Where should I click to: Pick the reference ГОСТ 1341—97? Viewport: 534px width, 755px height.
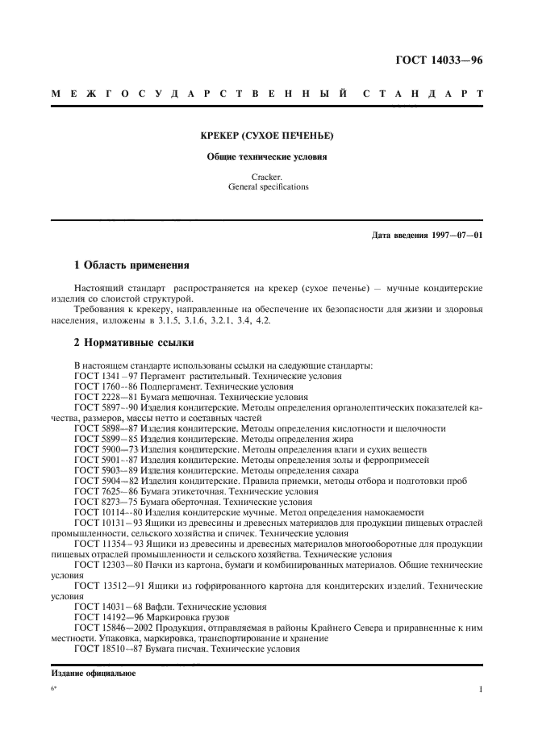coord(107,376)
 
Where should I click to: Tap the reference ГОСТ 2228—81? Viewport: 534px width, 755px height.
coord(107,397)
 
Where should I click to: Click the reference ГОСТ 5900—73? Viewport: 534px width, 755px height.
coord(107,449)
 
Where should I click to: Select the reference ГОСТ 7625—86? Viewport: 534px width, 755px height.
coord(107,491)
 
